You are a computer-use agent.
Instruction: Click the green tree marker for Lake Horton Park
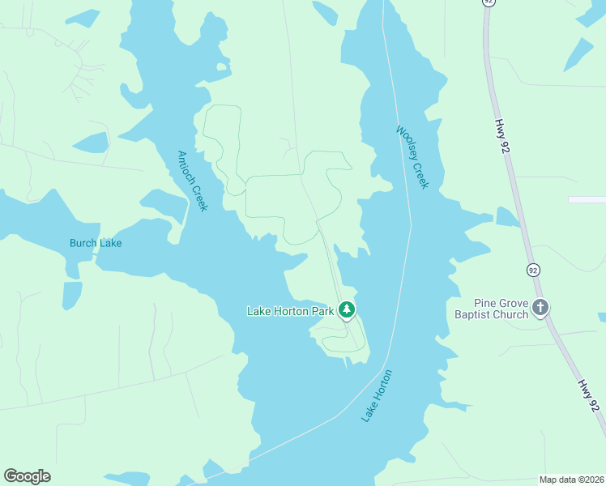(x=347, y=309)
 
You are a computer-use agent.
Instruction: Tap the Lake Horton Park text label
(x=290, y=311)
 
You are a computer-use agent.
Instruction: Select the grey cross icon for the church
(x=541, y=307)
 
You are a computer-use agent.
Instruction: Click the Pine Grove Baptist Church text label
(x=490, y=309)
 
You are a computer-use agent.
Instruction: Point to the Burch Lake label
(x=96, y=243)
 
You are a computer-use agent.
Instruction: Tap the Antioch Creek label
(x=193, y=181)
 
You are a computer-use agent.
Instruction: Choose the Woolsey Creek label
(x=412, y=157)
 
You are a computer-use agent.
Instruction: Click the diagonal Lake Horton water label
(x=377, y=395)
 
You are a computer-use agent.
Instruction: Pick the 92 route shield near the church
(x=532, y=269)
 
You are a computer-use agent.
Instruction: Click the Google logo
(x=27, y=476)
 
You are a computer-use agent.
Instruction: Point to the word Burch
(x=83, y=243)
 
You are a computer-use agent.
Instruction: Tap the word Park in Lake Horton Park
(x=322, y=311)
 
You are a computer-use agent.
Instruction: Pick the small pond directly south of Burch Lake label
(x=72, y=294)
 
